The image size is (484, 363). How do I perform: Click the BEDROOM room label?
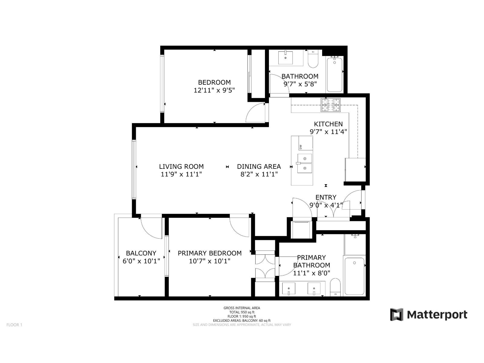[214, 82]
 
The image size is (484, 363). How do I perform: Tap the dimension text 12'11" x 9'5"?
[214, 90]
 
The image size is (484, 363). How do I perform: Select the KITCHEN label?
[328, 124]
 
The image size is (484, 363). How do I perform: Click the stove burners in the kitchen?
[331, 105]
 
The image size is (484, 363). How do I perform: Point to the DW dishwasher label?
[301, 147]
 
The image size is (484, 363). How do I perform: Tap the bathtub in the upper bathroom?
[335, 74]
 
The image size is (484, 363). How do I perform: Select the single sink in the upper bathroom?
[286, 57]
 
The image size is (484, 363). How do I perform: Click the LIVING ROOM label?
[181, 166]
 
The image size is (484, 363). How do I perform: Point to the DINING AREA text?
[259, 166]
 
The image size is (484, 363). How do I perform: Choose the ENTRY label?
[326, 197]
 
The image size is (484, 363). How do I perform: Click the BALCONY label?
[141, 253]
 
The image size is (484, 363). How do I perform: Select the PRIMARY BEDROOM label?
[210, 253]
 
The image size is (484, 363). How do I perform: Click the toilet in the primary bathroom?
[335, 287]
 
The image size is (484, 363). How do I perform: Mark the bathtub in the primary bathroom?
[355, 276]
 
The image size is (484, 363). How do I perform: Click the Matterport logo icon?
[397, 315]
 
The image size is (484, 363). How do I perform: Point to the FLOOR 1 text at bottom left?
[14, 325]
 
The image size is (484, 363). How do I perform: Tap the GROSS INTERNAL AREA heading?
[242, 308]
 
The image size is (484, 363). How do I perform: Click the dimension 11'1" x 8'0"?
[312, 273]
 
